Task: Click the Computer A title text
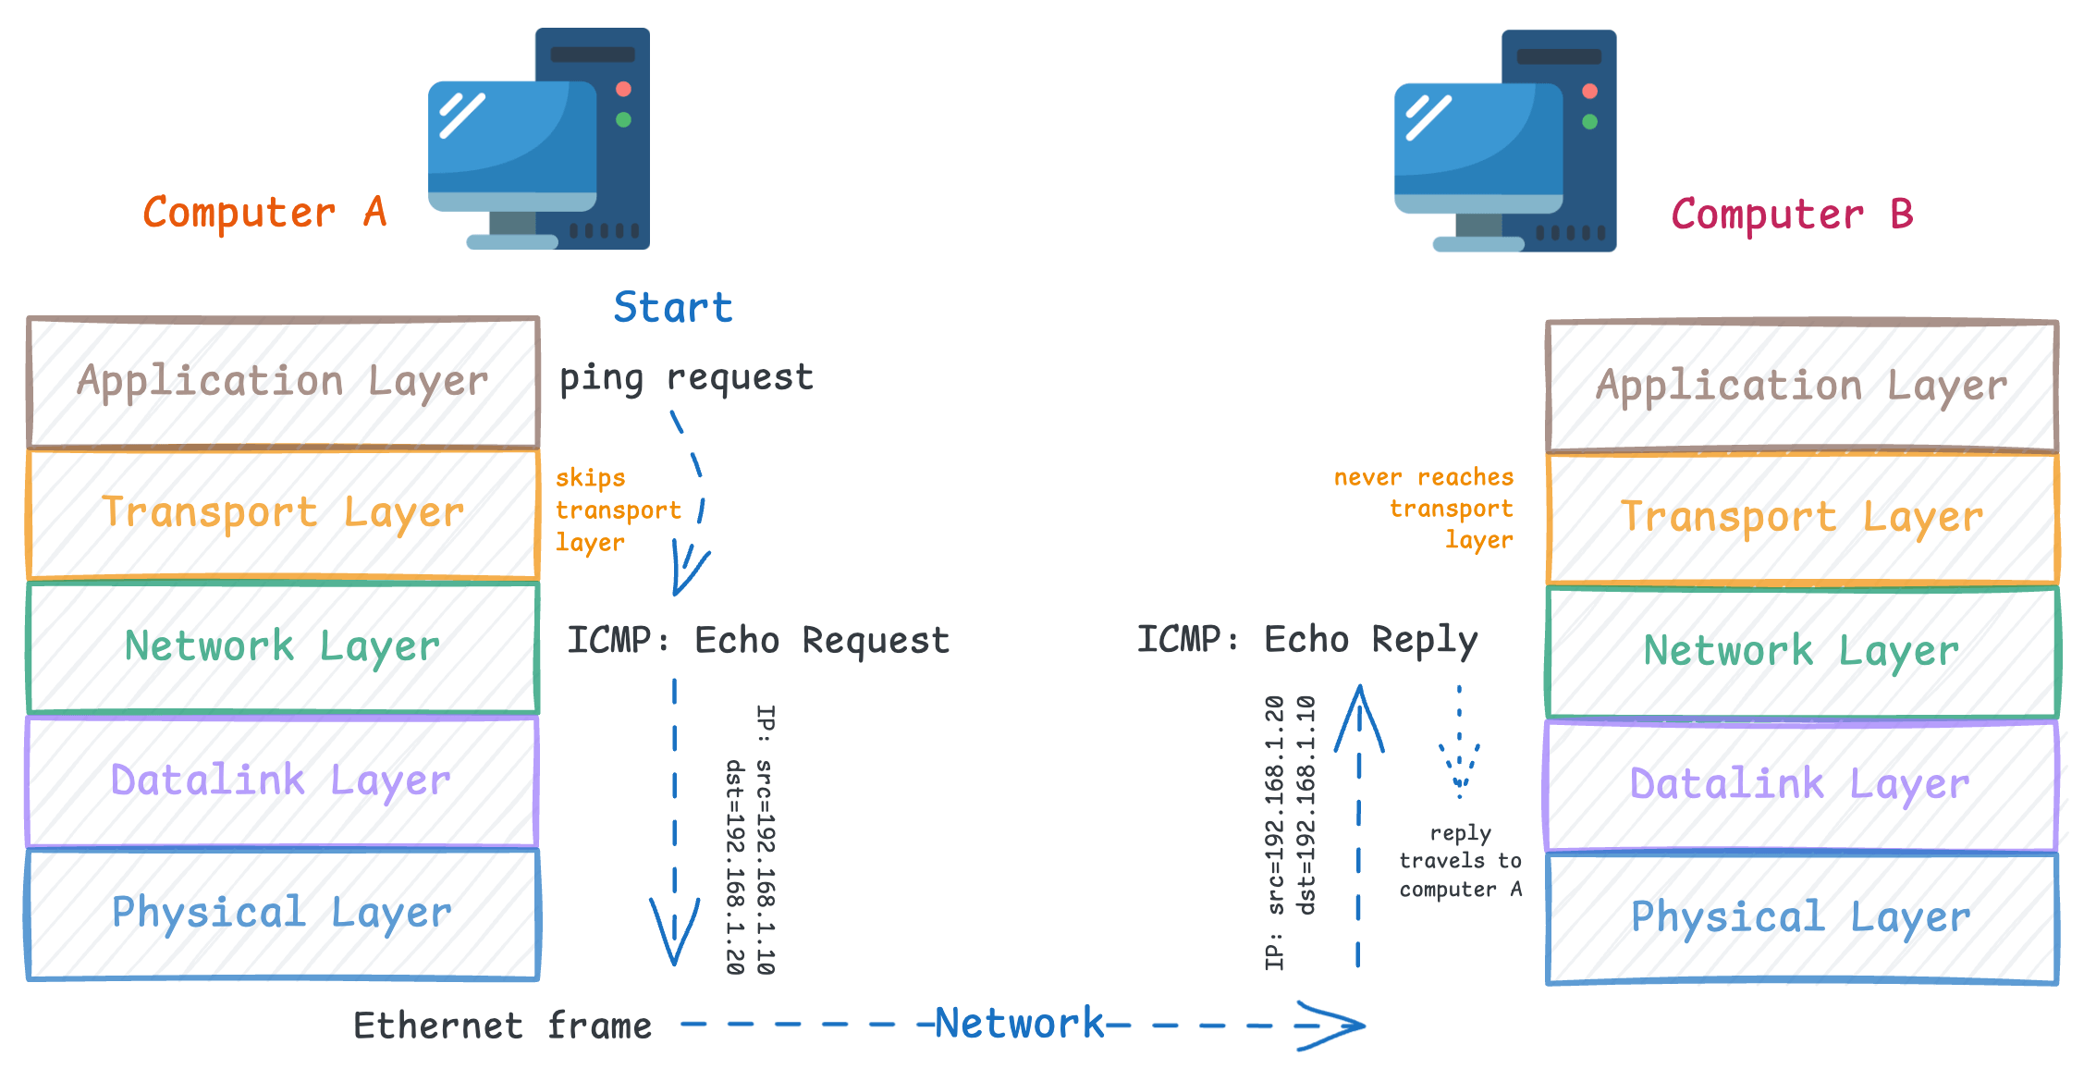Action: [264, 213]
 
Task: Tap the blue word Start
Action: [672, 307]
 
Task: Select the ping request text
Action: [686, 377]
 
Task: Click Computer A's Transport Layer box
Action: [283, 513]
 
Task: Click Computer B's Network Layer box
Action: [1801, 651]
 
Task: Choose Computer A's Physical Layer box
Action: [283, 914]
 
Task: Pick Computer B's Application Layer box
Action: [1801, 386]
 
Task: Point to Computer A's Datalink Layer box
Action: [283, 780]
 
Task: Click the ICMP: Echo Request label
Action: [758, 640]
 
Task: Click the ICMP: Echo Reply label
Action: [1307, 640]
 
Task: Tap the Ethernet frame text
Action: [502, 1026]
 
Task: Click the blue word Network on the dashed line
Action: [1019, 1024]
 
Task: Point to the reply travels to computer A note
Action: [1460, 861]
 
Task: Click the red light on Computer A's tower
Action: [623, 89]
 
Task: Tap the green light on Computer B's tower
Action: [1589, 121]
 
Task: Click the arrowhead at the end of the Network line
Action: [1335, 1025]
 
